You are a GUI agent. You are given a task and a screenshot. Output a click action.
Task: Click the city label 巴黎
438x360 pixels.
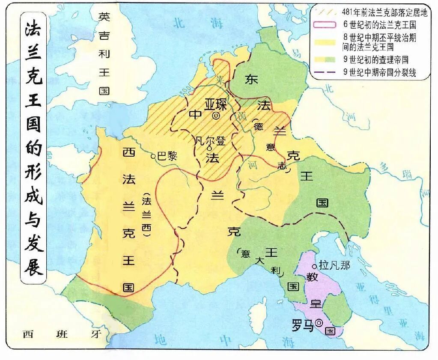click(x=167, y=156)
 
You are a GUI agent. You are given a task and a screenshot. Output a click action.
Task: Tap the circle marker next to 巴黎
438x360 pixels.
click(x=153, y=157)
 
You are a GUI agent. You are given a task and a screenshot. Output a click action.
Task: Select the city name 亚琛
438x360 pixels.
click(x=215, y=104)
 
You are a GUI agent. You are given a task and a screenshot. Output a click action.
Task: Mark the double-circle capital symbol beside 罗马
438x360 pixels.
click(x=319, y=323)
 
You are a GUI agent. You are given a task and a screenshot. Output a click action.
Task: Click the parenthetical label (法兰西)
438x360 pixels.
click(x=147, y=214)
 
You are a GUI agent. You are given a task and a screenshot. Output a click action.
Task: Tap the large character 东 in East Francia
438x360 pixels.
click(x=251, y=79)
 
